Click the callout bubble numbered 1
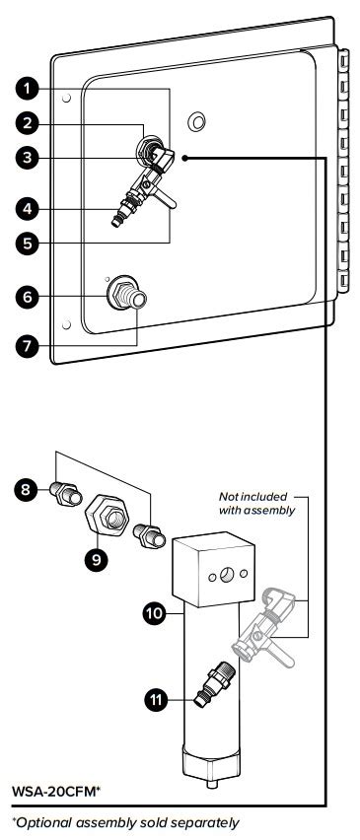pos(27,89)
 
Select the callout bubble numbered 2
pos(27,124)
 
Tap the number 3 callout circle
pos(27,158)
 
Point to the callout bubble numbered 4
pos(27,209)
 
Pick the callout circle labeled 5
pos(27,244)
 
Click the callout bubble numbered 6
pos(27,296)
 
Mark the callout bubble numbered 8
pos(27,489)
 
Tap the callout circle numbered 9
pos(97,559)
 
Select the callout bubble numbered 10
pos(155,614)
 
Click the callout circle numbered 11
pos(157,700)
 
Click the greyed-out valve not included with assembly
pos(263,627)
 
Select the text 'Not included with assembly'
pos(257,504)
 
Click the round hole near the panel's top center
pos(197,121)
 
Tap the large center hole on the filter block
pos(227,575)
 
